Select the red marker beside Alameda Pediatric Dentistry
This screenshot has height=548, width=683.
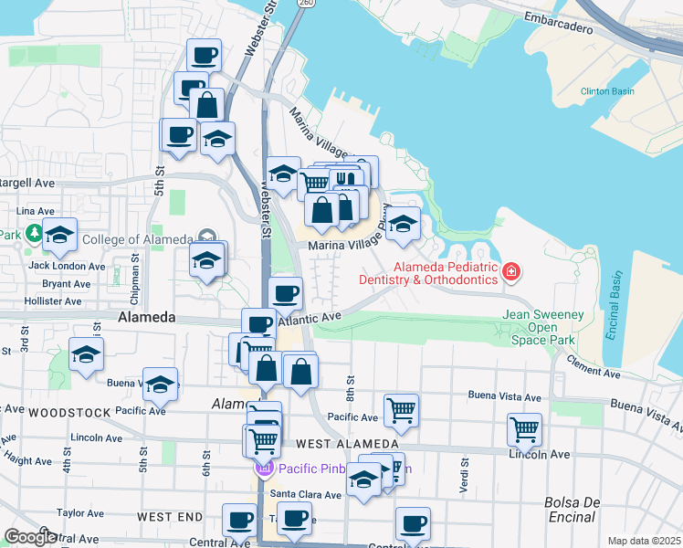(x=512, y=271)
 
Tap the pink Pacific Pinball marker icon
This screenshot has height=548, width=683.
(x=264, y=469)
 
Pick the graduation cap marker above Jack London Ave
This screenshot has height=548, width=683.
(x=60, y=237)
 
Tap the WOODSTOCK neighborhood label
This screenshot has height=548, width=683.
(x=69, y=412)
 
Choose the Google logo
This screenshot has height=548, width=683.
(x=29, y=537)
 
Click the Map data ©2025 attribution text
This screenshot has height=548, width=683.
(x=644, y=541)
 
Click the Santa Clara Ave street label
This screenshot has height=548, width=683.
(x=305, y=494)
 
